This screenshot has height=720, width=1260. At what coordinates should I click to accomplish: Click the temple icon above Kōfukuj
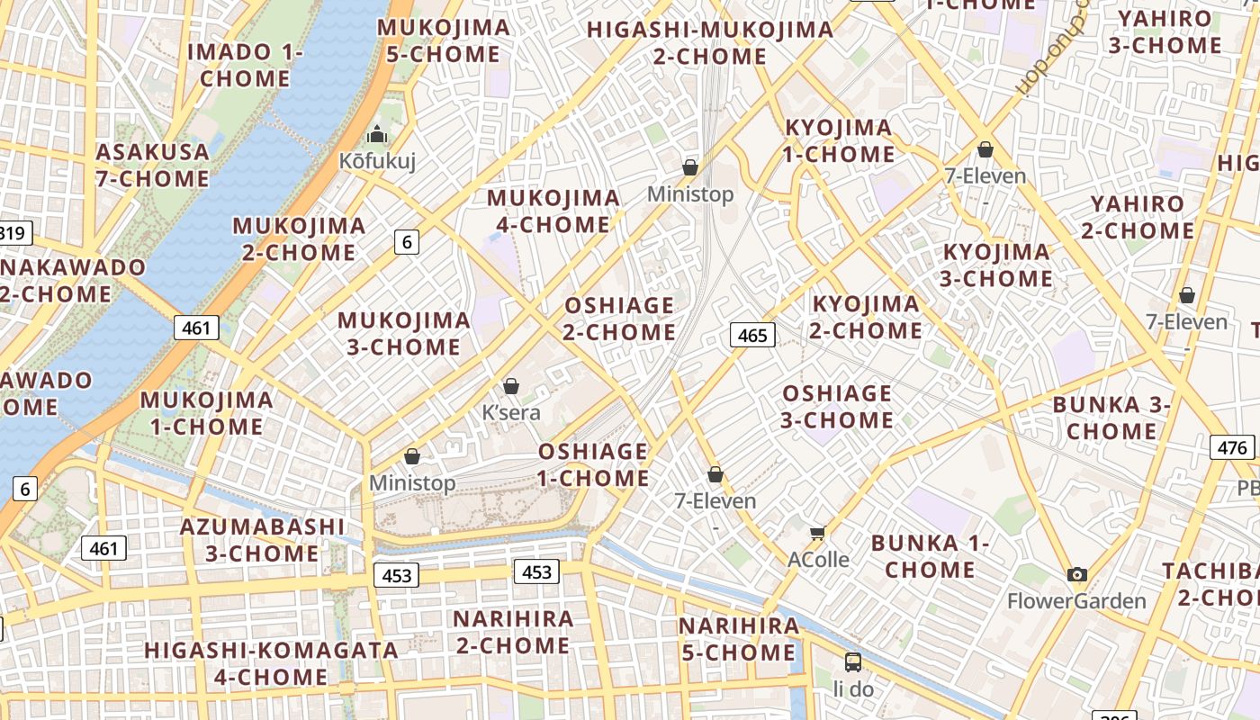pos(376,135)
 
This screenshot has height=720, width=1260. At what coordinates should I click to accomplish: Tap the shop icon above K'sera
pos(511,386)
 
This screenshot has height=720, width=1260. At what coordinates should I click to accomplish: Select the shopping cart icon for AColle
pos(817,534)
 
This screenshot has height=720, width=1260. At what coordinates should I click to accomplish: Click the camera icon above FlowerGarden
pos(1076,574)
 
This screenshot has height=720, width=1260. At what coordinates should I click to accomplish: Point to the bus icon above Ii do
pos(853,662)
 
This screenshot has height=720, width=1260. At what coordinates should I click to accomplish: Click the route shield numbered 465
pos(751,336)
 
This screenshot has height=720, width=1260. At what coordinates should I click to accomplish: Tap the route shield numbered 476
pos(1232,447)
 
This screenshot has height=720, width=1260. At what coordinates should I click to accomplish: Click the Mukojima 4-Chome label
pos(553,211)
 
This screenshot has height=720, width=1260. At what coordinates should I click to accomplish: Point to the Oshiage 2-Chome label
pos(619,319)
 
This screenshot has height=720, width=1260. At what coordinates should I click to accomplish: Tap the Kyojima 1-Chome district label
pos(839,140)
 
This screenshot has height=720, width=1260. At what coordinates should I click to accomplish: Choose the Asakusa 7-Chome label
pos(153,165)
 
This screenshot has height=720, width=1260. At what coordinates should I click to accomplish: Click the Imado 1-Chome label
pos(245,65)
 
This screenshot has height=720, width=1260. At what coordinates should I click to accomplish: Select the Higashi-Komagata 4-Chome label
pos(271,663)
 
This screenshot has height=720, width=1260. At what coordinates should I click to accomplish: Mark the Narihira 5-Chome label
pos(739,639)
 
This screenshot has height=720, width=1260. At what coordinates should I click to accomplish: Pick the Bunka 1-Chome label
pos(930,556)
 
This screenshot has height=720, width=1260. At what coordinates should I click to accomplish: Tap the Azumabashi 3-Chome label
pos(262,539)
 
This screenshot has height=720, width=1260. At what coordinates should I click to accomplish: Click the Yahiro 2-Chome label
pos(1138,217)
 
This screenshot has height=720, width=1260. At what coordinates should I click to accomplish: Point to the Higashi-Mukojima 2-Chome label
pos(710,42)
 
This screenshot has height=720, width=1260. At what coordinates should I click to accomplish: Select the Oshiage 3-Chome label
pos(837,407)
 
